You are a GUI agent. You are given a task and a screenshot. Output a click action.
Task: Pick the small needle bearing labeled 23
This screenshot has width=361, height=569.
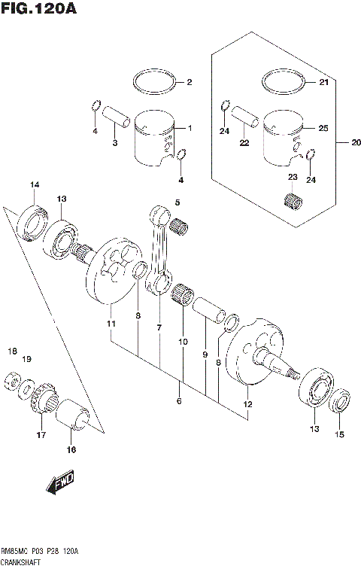[294, 202]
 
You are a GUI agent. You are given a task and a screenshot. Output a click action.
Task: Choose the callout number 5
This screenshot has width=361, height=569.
[178, 202]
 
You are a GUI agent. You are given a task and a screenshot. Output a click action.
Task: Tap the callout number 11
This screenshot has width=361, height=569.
[111, 324]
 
